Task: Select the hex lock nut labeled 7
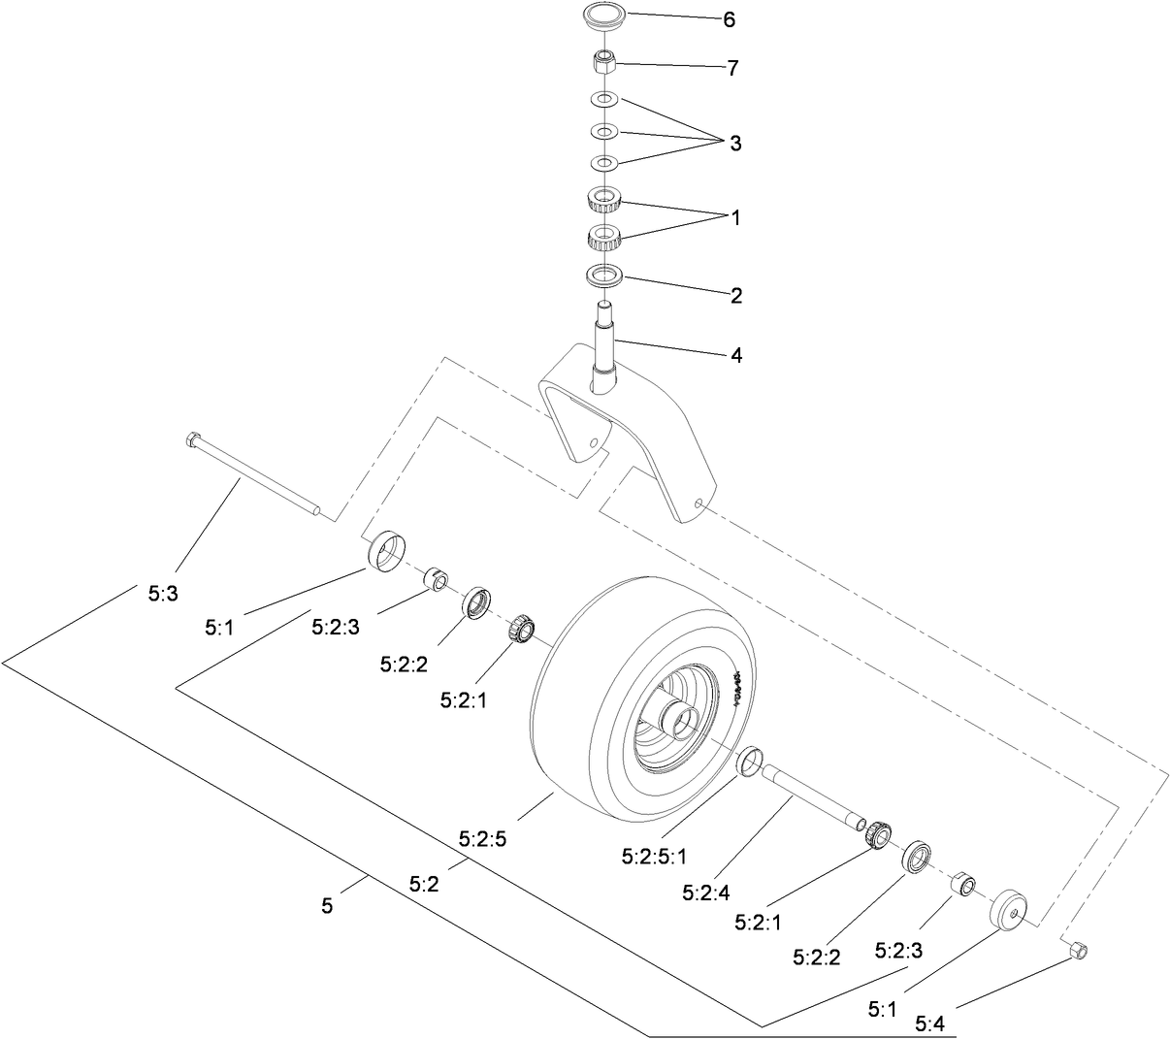pyautogui.click(x=604, y=62)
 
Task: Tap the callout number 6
pyautogui.click(x=730, y=19)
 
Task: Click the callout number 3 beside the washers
pyautogui.click(x=735, y=144)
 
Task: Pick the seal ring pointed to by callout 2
pyautogui.click(x=604, y=276)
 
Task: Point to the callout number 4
pyautogui.click(x=736, y=356)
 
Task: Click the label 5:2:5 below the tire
pyautogui.click(x=483, y=839)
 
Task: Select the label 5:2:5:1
pyautogui.click(x=654, y=857)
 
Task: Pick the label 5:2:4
pyautogui.click(x=705, y=891)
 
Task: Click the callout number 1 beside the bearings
pyautogui.click(x=735, y=218)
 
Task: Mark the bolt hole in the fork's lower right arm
pyautogui.click(x=699, y=503)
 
